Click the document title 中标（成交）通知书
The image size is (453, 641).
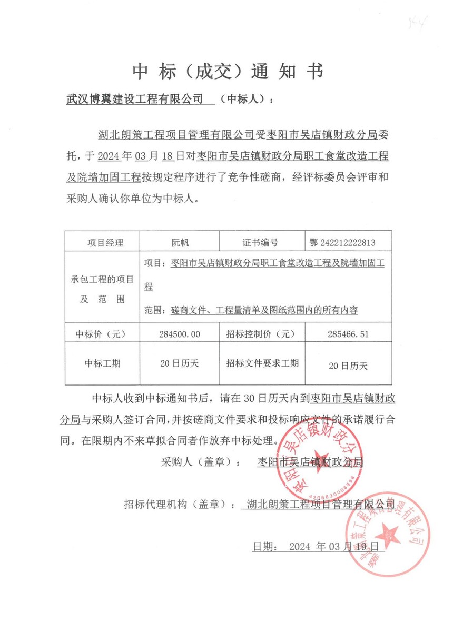point(227,71)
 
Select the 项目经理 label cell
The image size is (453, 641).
point(105,243)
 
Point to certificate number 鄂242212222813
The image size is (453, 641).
point(343,243)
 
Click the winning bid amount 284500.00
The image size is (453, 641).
point(180,334)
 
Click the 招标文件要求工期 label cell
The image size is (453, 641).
point(262,363)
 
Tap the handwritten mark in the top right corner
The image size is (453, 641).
point(419,22)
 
